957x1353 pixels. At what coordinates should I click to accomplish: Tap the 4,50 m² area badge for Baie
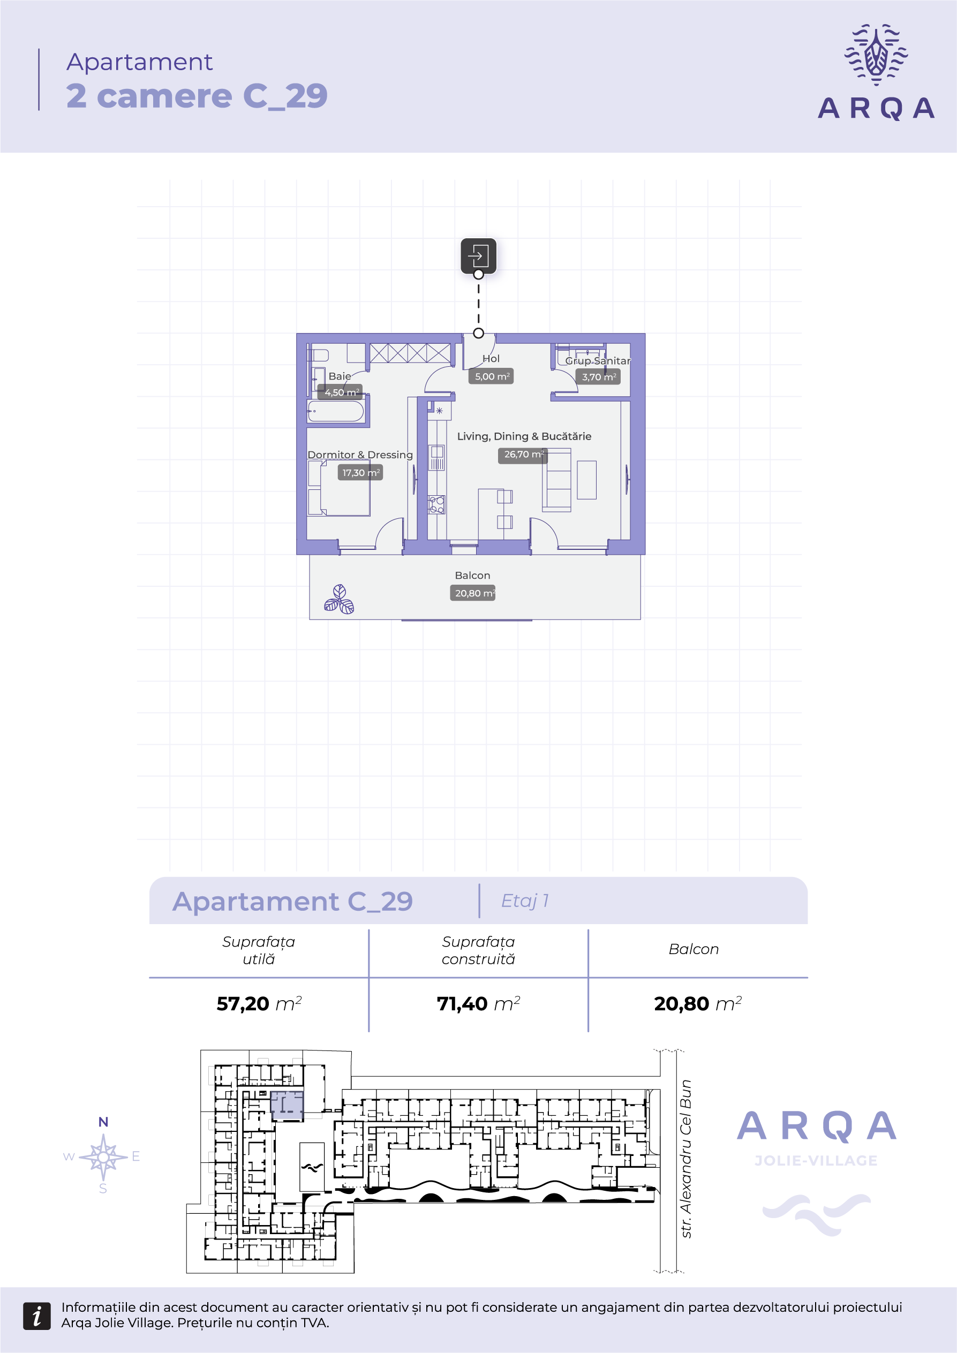click(341, 392)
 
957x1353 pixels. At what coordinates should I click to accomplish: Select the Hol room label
click(491, 358)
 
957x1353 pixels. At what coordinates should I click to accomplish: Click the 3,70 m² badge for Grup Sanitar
click(598, 376)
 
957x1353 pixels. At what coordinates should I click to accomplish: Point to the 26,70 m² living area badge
click(523, 455)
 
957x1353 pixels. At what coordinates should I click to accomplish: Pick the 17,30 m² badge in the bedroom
click(360, 473)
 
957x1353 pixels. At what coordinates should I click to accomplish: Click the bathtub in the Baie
click(335, 411)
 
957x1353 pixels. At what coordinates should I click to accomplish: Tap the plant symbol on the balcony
click(340, 599)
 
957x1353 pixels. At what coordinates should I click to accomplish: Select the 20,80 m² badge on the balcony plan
click(472, 593)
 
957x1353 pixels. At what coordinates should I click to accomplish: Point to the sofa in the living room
click(557, 480)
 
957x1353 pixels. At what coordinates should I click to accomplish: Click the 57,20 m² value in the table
click(259, 1003)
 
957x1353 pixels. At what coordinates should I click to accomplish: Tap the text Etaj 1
click(524, 901)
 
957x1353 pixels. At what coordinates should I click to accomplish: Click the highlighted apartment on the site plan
click(287, 1105)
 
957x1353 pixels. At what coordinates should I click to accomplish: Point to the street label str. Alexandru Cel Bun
click(685, 1159)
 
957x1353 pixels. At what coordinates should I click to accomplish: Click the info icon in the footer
click(36, 1316)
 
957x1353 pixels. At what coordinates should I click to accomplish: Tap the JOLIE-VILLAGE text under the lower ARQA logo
click(816, 1160)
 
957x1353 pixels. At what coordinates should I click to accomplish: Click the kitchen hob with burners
click(436, 505)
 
